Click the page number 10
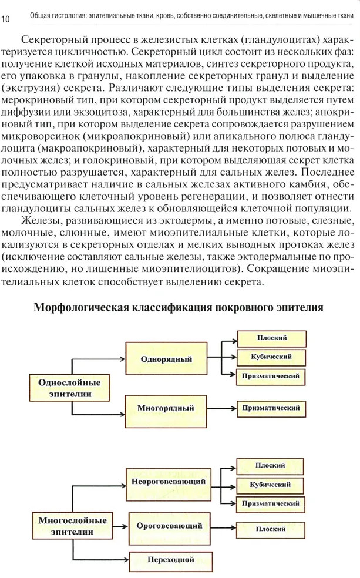click(x=6, y=20)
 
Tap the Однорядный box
click(x=166, y=359)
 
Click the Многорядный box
click(x=166, y=406)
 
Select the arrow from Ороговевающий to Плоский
click(x=223, y=527)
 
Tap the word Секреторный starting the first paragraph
click(x=53, y=39)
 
